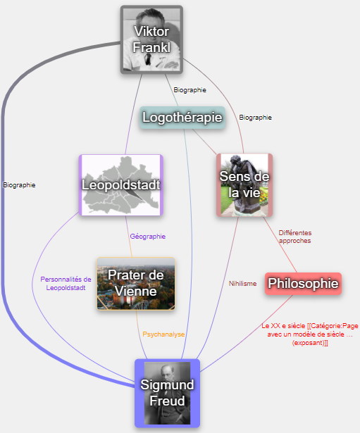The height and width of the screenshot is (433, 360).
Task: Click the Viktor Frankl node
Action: (151, 39)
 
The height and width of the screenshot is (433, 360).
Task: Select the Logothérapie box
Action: (182, 118)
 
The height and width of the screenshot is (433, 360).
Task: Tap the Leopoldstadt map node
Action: (121, 184)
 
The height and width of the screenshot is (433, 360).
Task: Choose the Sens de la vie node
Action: (244, 185)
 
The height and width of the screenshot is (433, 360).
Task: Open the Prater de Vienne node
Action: (136, 284)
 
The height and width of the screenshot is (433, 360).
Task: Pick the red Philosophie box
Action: (303, 284)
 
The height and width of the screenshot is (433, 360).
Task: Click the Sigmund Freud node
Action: (167, 394)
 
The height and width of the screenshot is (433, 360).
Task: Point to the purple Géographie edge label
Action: (148, 237)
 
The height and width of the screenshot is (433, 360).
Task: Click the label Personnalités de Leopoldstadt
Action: (66, 284)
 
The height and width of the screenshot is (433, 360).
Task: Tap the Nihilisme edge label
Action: (242, 284)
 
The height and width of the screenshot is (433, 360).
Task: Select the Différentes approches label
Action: (294, 237)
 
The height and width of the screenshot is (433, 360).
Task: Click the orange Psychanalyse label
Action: (163, 334)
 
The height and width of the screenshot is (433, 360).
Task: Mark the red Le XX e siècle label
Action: (310, 334)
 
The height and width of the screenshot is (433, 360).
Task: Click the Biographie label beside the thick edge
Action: (19, 185)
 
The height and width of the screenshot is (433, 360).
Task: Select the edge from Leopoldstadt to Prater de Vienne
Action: (129, 237)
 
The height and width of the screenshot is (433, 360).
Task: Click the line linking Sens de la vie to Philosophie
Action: (280, 244)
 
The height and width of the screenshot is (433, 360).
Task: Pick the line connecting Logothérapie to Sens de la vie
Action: (204, 142)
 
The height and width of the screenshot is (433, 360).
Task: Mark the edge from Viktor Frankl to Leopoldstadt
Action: (133, 114)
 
